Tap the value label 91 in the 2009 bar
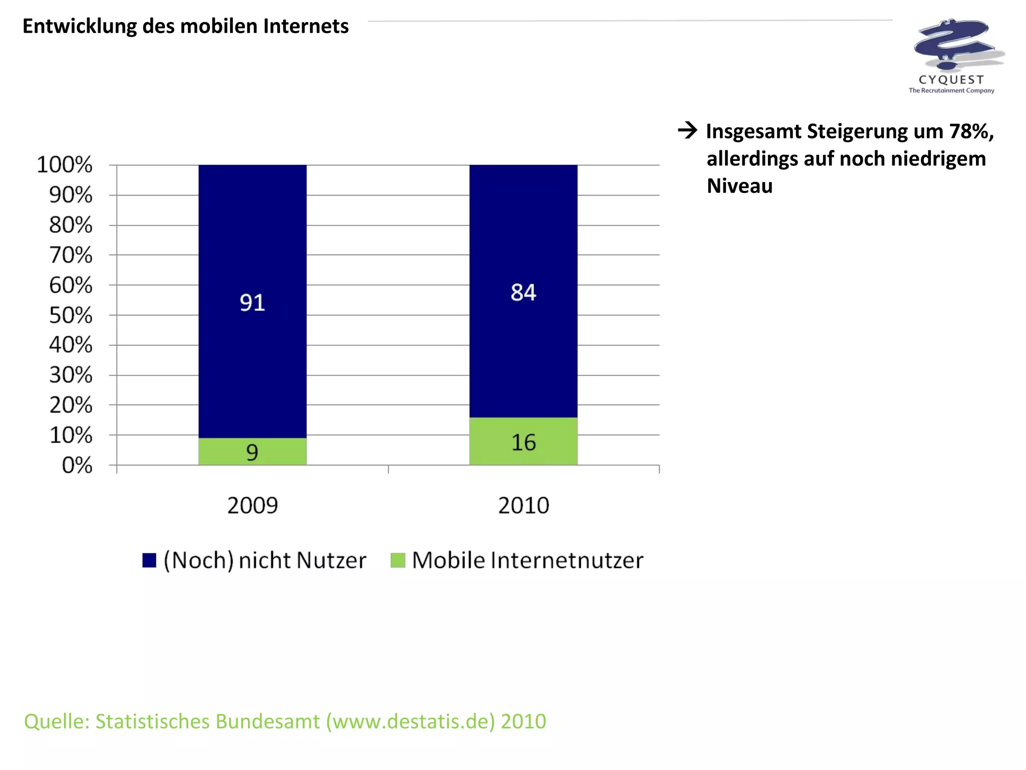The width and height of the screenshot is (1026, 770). (252, 302)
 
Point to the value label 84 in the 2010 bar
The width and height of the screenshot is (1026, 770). (523, 292)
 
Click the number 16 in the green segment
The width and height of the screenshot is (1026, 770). (523, 442)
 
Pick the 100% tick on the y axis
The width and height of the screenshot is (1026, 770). (65, 164)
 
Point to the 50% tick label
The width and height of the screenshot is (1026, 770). (71, 315)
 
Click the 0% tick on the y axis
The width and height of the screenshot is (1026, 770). (77, 465)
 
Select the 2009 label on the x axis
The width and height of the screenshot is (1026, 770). (252, 505)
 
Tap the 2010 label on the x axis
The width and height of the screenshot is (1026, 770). (523, 505)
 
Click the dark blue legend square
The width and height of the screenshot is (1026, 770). (149, 560)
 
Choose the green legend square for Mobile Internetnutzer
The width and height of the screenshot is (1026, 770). (397, 560)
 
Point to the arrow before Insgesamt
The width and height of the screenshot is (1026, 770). (687, 130)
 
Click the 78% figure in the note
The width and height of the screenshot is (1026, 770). (971, 131)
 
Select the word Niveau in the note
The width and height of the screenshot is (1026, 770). (739, 185)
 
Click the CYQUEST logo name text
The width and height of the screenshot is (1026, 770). (951, 80)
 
